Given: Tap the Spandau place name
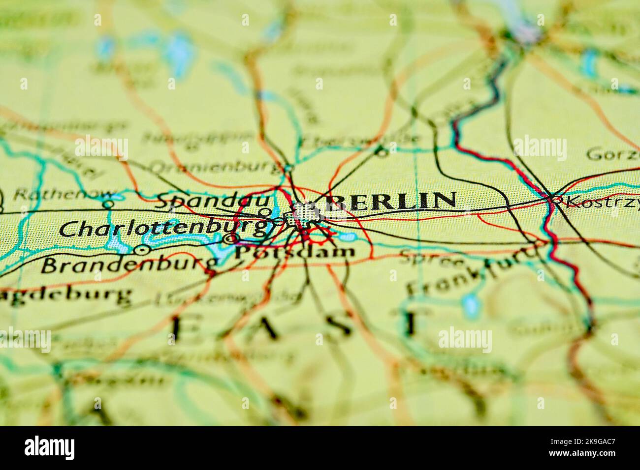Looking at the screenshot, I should point(214,201).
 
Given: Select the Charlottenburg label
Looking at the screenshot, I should point(165,229).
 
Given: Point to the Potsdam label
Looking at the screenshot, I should point(294,253).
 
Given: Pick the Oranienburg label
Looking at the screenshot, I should point(215,168).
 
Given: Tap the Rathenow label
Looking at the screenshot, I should point(58,195).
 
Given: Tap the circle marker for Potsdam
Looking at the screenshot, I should point(229,239).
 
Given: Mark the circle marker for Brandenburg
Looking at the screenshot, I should point(143,250).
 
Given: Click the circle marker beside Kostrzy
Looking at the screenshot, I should point(557,200).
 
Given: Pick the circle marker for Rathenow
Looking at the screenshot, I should point(108,203).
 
